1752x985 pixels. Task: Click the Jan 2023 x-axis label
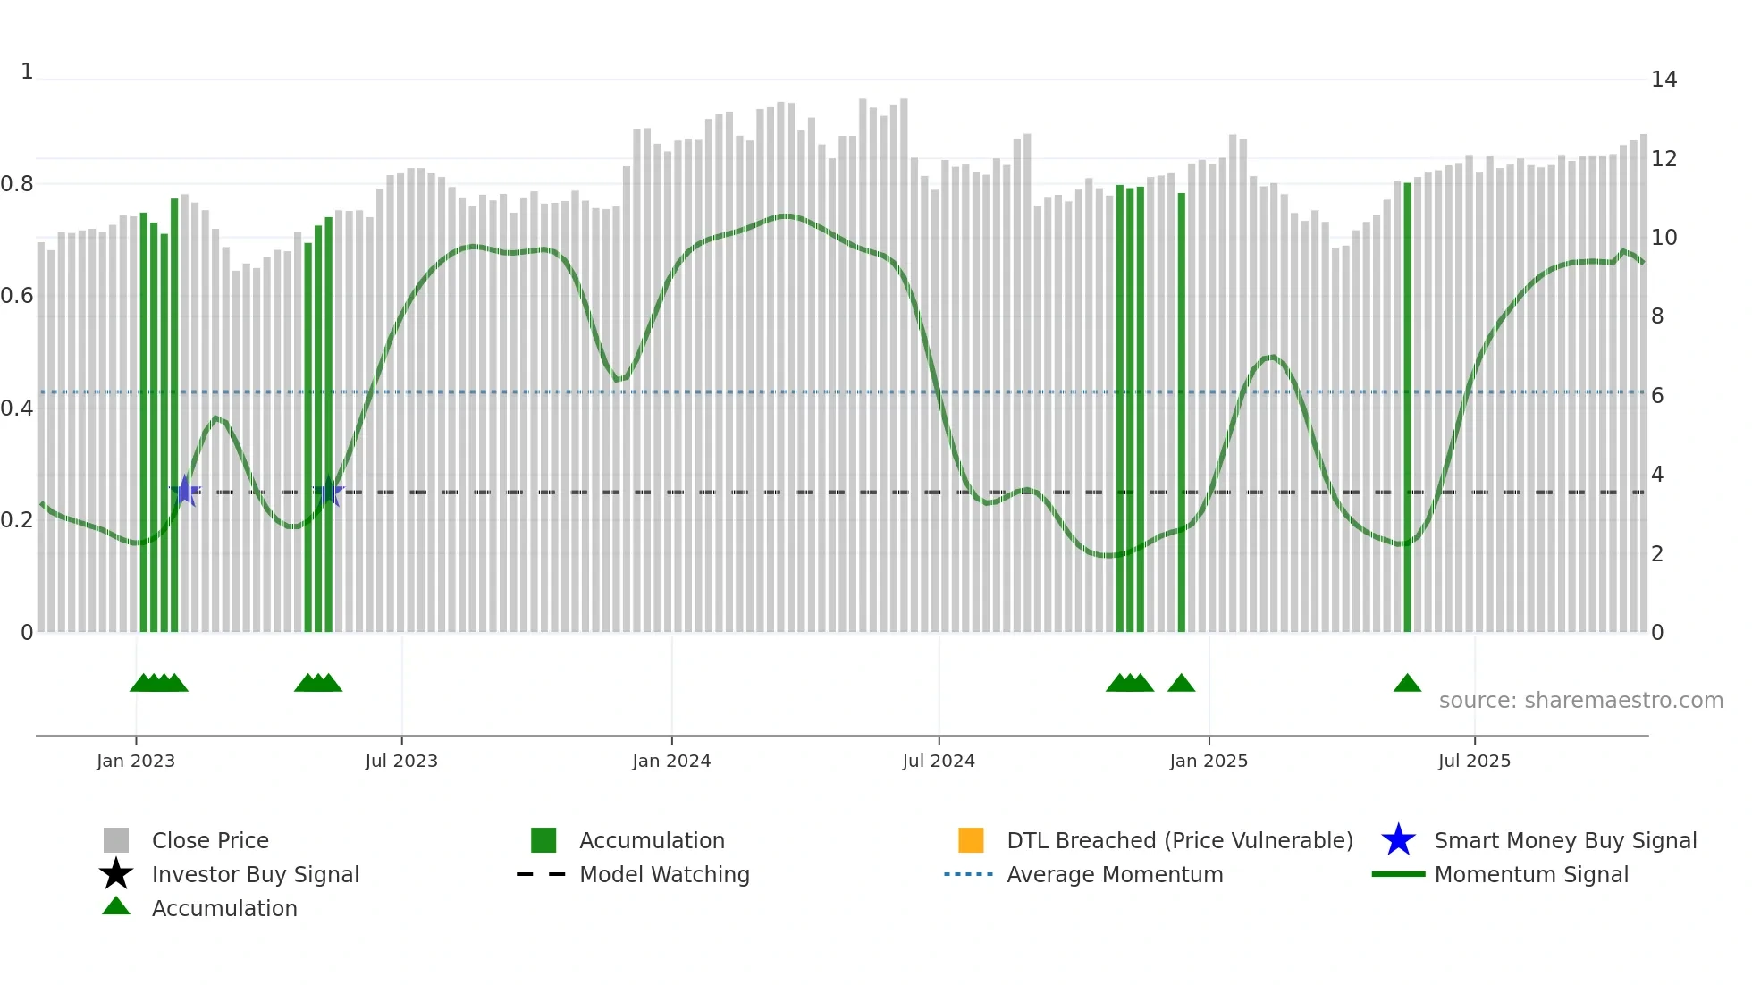[x=136, y=761]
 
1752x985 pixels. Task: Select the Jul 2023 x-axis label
[x=401, y=761]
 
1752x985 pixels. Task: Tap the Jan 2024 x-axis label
[x=671, y=761]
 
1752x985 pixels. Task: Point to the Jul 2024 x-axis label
[x=939, y=761]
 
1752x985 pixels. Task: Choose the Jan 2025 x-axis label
[x=1209, y=761]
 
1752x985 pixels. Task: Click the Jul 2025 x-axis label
[x=1474, y=761]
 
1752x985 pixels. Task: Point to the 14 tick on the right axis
[x=1664, y=80]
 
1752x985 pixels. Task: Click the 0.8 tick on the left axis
[x=17, y=184]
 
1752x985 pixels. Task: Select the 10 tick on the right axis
[x=1664, y=238]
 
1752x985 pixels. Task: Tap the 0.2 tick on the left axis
[x=17, y=520]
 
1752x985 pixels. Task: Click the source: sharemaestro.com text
[x=1580, y=701]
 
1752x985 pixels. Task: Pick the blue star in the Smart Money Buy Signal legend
[x=1398, y=840]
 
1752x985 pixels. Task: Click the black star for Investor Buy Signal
[x=116, y=874]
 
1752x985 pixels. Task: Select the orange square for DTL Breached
[x=971, y=840]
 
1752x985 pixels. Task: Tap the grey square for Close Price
[x=116, y=840]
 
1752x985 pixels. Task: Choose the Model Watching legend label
[x=664, y=874]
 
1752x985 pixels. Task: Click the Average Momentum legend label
[x=1115, y=874]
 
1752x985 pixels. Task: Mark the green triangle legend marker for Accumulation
[x=116, y=906]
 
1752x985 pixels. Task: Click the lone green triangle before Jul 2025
[x=1407, y=684]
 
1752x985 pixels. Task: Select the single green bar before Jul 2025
[x=1407, y=407]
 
